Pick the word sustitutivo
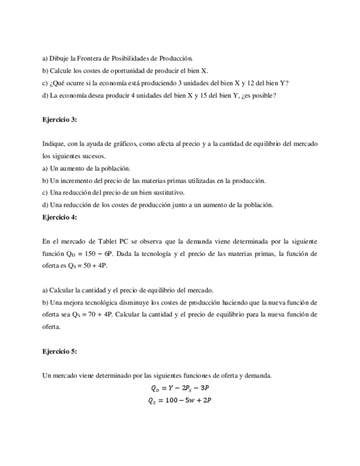point(168,192)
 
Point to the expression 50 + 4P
point(97,266)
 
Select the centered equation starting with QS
point(180,401)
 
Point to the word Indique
point(53,143)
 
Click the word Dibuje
point(59,58)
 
